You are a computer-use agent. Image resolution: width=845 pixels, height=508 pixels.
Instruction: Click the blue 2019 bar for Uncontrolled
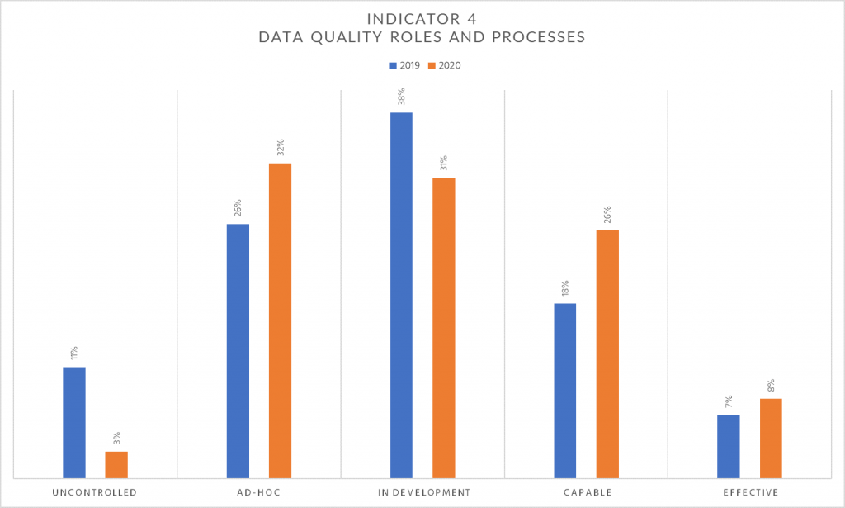coord(74,422)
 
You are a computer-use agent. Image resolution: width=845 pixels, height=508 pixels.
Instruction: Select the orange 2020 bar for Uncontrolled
coord(116,464)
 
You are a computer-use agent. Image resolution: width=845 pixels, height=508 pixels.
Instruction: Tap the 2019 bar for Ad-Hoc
coord(238,350)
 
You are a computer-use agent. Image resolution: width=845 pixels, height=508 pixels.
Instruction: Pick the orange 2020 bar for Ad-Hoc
coord(280,320)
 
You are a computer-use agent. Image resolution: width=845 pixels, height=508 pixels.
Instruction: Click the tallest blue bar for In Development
coord(401,295)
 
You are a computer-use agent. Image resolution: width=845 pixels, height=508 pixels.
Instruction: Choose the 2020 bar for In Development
coord(443,328)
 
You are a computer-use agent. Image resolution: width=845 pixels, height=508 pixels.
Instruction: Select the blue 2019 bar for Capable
coord(564,390)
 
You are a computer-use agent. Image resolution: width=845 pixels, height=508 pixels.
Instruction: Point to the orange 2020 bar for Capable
coord(607,354)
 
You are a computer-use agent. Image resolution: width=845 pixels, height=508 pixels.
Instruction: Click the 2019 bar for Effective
coord(729,446)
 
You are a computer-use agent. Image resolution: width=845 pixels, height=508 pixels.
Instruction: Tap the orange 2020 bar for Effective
coord(771,438)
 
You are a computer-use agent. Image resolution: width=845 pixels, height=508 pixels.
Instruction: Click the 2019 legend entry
coord(404,65)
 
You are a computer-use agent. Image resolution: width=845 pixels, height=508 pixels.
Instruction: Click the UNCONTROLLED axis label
coord(95,492)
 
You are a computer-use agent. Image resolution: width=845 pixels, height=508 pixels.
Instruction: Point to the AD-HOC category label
coord(258,492)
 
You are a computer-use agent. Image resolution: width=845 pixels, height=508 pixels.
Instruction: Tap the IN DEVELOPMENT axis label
coord(422,492)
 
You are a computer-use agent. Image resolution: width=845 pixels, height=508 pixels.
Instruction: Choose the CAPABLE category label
coord(586,492)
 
